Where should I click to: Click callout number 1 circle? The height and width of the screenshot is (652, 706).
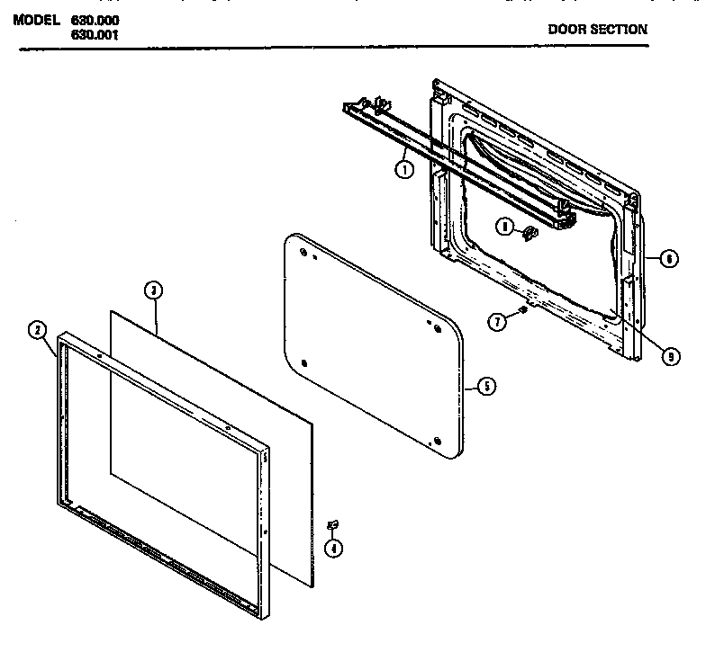pyautogui.click(x=405, y=168)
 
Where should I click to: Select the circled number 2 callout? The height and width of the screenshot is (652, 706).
pyautogui.click(x=36, y=330)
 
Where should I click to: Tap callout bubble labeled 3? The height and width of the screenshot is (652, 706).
pyautogui.click(x=153, y=290)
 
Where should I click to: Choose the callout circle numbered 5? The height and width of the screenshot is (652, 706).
pyautogui.click(x=485, y=387)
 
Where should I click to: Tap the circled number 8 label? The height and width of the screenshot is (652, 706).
pyautogui.click(x=508, y=228)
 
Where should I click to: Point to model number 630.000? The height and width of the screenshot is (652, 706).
pyautogui.click(x=94, y=20)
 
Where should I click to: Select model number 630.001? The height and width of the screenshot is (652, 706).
pyautogui.click(x=94, y=35)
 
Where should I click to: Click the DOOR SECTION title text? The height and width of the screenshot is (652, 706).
pyautogui.click(x=597, y=29)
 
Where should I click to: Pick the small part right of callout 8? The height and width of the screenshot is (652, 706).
pyautogui.click(x=529, y=233)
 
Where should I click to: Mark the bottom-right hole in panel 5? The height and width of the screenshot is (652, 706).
pyautogui.click(x=436, y=440)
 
